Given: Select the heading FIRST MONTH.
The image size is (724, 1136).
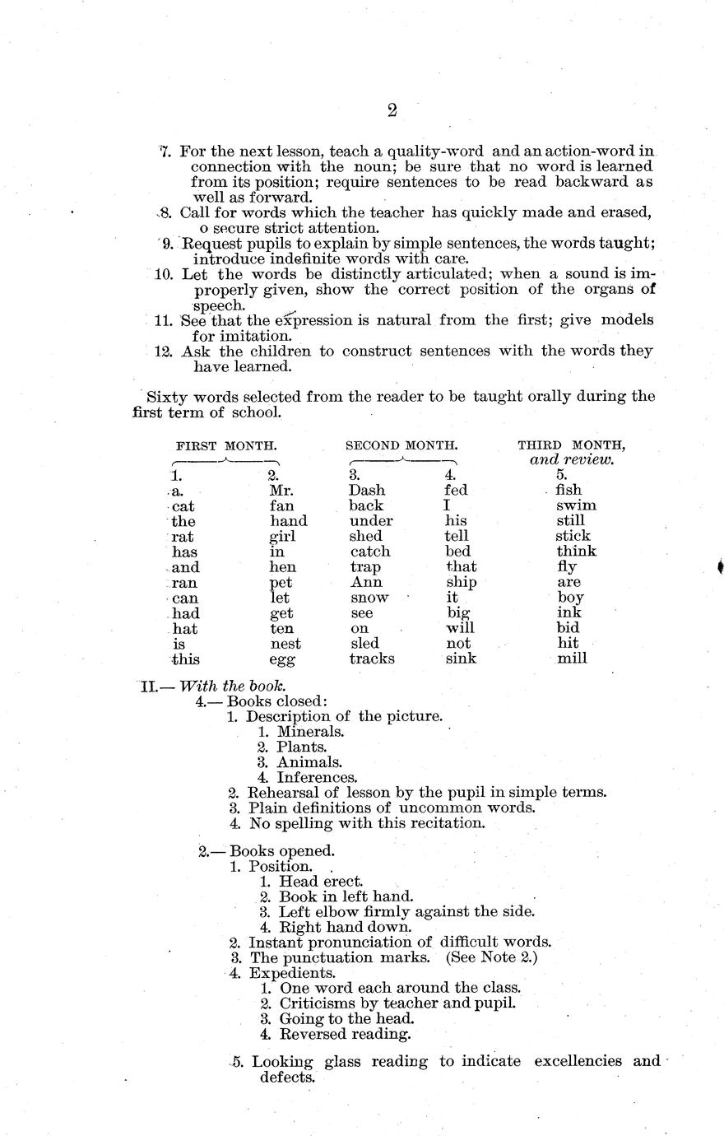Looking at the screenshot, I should [226, 445].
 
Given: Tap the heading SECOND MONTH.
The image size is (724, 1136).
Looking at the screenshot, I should [401, 445].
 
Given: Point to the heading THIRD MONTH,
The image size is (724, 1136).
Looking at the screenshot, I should [571, 445].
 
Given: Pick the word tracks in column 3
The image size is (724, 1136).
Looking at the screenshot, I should [372, 659].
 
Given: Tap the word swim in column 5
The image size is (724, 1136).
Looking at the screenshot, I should [576, 505].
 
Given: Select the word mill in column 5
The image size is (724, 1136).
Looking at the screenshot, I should [572, 659].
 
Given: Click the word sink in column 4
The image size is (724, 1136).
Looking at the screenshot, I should [461, 659].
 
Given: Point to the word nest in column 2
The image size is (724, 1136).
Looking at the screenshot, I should [285, 644].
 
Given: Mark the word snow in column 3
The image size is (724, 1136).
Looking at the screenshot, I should [369, 598].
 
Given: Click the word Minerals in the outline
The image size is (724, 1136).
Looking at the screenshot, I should [310, 732].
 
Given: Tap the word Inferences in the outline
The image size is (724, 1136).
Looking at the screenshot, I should [317, 777].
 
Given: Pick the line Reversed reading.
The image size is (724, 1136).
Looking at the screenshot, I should [345, 1034].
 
